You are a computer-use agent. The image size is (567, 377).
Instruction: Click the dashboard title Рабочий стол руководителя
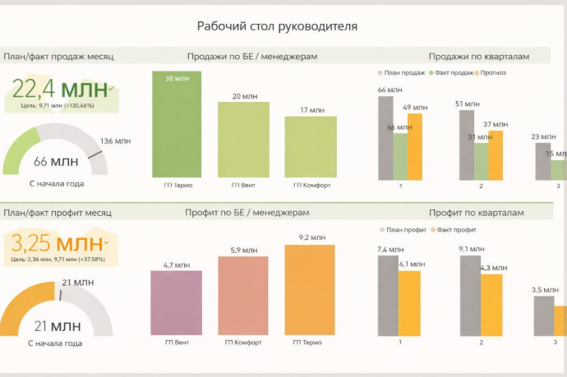(x=277, y=26)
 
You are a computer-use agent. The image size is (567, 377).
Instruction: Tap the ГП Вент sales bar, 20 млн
(x=243, y=140)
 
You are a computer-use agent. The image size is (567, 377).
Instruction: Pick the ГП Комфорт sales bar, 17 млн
(x=311, y=146)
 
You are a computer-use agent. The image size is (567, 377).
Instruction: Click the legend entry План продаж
(x=403, y=72)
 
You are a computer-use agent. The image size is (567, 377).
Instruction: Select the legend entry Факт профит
(x=456, y=229)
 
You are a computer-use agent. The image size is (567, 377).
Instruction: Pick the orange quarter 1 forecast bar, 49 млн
(x=414, y=146)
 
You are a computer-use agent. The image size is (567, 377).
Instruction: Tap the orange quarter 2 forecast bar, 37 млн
(x=496, y=154)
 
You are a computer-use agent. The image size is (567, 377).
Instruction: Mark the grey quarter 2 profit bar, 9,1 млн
(x=468, y=295)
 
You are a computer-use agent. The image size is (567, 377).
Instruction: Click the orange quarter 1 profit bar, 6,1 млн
(x=409, y=302)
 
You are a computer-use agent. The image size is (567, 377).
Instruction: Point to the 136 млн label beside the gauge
(x=114, y=141)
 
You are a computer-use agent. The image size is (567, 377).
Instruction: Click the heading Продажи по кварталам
(x=478, y=57)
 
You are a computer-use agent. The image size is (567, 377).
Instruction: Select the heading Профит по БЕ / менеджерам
(x=251, y=214)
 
